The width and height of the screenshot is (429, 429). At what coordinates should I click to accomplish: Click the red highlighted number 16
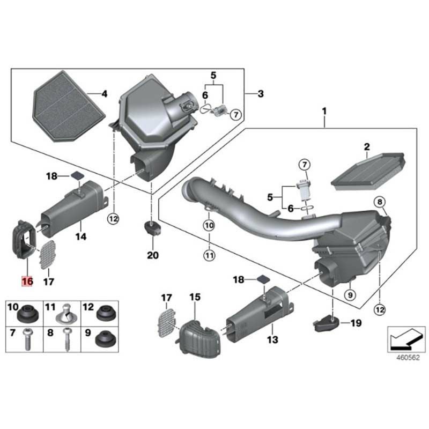(x=27, y=280)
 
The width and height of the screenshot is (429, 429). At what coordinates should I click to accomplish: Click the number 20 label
(x=153, y=256)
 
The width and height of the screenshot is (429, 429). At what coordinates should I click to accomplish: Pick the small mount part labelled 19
(x=324, y=323)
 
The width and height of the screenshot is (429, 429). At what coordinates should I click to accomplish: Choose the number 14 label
(x=80, y=236)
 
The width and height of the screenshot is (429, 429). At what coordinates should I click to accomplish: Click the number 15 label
(x=194, y=297)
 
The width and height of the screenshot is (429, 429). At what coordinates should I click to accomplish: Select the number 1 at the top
(x=324, y=111)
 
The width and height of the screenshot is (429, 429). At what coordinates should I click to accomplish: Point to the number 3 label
(x=260, y=94)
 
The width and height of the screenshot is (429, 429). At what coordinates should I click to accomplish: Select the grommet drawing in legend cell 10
(x=27, y=313)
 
